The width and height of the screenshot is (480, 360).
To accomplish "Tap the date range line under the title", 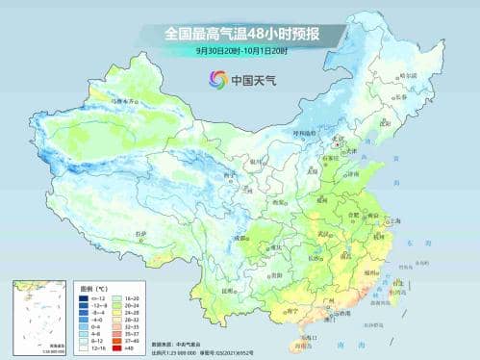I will pyautogui.click(x=240, y=51).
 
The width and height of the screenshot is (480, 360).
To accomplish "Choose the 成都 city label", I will pyautogui.click(x=234, y=225).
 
